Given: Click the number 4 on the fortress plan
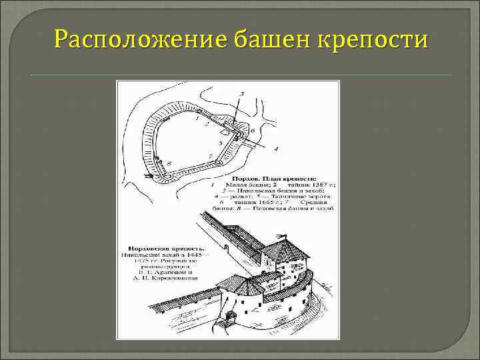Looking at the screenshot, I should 276,147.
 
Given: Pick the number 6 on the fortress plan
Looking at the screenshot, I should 253,131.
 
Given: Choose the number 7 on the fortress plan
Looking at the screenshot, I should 211,156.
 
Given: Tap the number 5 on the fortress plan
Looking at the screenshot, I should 221,143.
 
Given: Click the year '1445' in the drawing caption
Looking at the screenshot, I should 191,254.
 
